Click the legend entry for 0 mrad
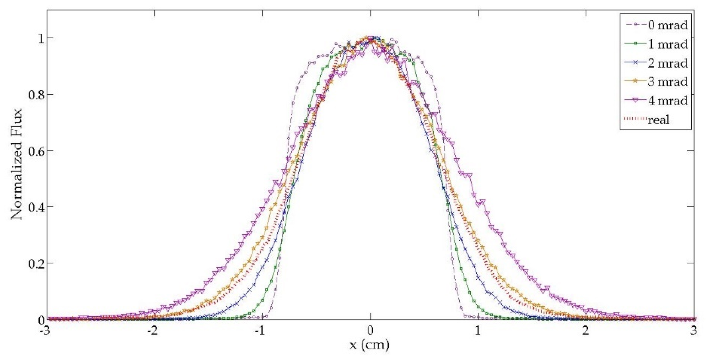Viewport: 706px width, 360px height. (667, 25)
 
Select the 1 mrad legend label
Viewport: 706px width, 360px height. (667, 44)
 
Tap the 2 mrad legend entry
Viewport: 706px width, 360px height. (667, 63)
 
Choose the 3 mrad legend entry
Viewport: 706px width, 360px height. (667, 81)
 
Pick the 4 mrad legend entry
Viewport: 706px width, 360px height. (667, 100)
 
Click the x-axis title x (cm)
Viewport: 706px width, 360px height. (369, 345)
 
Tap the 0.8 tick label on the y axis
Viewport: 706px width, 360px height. (36, 95)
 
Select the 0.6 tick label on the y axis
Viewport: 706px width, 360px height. (36, 151)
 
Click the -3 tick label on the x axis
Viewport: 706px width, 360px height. (45, 331)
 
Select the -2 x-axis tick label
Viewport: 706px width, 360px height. (152, 331)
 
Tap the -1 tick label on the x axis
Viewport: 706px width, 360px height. (260, 331)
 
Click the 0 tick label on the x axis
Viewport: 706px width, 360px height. (370, 331)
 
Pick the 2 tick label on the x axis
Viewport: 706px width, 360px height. (586, 331)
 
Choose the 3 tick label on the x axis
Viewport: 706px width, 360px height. (693, 331)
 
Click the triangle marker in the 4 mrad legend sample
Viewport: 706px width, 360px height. (635, 100)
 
